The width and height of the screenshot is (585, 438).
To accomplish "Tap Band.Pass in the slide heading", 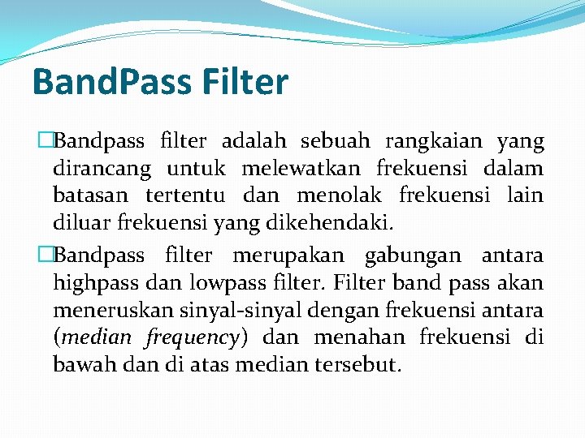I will (107, 82).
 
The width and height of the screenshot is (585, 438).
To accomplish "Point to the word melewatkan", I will (305, 170).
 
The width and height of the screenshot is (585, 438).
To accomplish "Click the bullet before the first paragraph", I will (46, 142).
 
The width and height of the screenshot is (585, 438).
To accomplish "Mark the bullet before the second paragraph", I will (46, 255).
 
